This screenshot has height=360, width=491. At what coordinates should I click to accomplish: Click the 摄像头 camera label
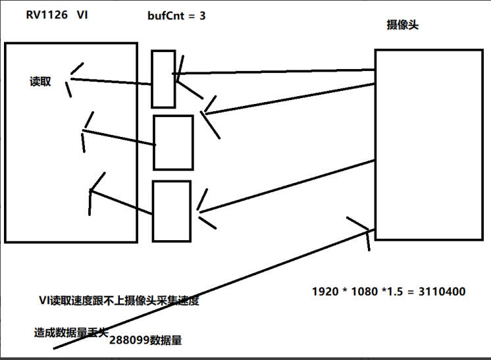[x=403, y=26]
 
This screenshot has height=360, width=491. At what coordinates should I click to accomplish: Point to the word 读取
[x=40, y=82]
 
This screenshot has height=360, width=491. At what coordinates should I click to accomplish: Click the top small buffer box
[x=163, y=78]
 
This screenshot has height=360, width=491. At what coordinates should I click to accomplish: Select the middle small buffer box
[x=173, y=142]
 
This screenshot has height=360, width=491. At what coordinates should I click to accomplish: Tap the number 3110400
[x=442, y=290]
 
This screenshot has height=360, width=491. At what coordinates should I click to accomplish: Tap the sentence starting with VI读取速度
[x=118, y=301]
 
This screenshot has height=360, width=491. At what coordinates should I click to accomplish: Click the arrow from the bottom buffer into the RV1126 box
[x=122, y=201]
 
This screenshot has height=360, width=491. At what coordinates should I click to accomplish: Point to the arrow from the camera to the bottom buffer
[x=286, y=186]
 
